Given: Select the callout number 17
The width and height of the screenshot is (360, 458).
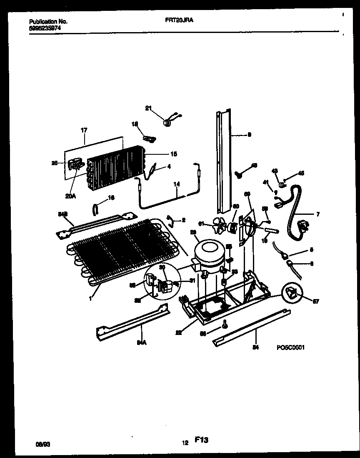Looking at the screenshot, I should point(84,131).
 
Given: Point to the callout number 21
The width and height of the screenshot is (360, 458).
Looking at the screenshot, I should point(148,108).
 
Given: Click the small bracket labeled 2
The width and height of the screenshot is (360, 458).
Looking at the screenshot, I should point(170,219).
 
